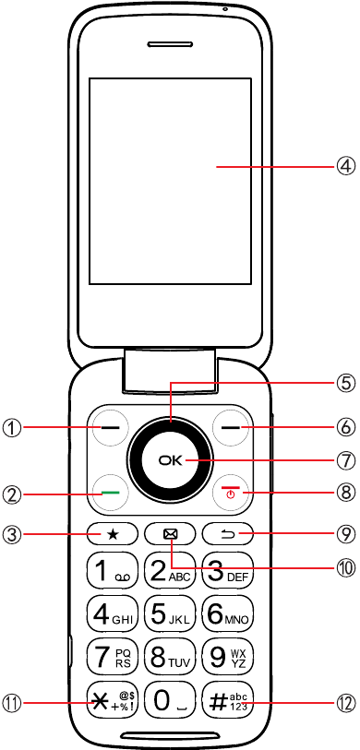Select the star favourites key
(113, 534)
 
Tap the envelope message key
(170, 534)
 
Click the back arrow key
(228, 534)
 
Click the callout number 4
(344, 167)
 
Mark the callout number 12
(344, 703)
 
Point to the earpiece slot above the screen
(170, 45)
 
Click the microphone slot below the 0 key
(170, 734)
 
